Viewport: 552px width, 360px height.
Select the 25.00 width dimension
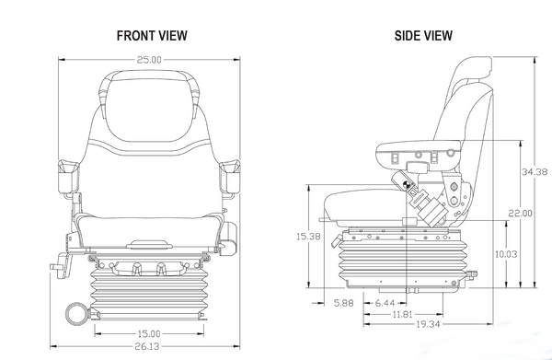[149, 60]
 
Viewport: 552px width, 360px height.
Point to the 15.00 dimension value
[149, 332]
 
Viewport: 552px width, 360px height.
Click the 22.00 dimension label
[520, 214]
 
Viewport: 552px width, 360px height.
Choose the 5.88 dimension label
[344, 302]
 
